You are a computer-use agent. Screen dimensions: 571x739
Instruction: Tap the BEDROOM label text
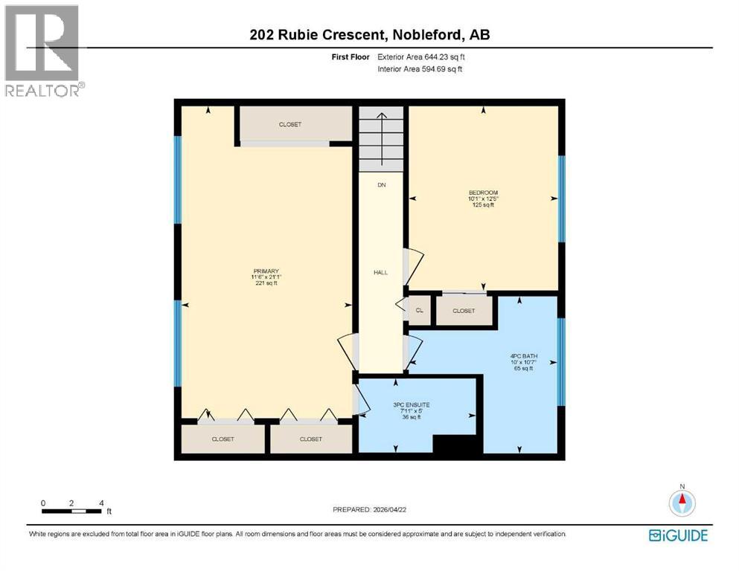click(483, 193)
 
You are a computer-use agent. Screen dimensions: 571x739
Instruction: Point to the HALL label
click(380, 273)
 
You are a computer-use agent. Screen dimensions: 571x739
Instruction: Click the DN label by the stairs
click(380, 184)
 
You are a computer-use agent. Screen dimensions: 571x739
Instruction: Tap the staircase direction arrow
click(381, 138)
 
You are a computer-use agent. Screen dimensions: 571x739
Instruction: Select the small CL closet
click(419, 311)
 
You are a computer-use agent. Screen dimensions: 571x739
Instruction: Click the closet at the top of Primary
click(290, 124)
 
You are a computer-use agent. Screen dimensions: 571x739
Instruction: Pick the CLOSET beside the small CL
click(464, 311)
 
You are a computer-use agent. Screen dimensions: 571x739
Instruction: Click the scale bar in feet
click(72, 511)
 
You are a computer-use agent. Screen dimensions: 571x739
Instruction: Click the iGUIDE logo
click(678, 535)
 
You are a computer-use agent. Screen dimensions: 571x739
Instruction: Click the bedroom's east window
click(562, 198)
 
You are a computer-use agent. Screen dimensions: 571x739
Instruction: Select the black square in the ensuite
click(454, 444)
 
